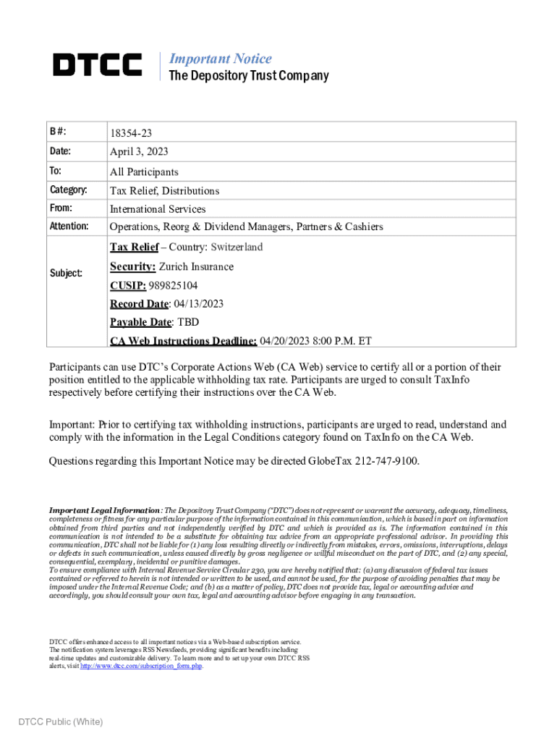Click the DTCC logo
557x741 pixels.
point(97,65)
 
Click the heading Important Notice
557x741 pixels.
point(220,59)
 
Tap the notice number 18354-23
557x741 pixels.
point(131,133)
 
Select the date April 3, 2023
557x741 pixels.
point(139,152)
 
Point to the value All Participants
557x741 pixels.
point(144,172)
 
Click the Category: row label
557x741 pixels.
point(68,190)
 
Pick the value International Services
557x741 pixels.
point(158,209)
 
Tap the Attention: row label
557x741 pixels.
point(69,227)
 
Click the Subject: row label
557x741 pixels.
point(65,274)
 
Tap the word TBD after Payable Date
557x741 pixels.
point(187,323)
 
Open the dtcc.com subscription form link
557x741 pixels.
point(141,666)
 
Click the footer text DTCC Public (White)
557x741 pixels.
point(61,721)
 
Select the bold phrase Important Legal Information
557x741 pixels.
point(104,510)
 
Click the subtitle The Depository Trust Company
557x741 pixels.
point(248,76)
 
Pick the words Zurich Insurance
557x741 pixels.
point(196,266)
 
